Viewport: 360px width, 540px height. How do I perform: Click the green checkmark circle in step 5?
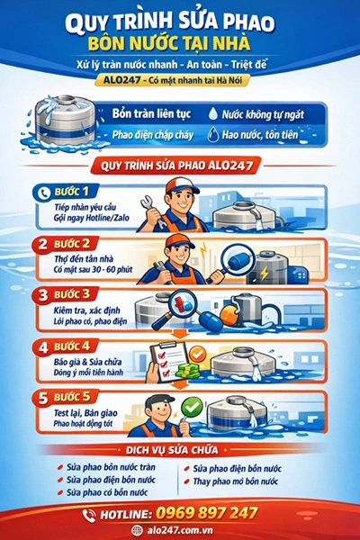(192, 409)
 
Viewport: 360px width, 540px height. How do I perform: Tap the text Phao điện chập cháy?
(149, 135)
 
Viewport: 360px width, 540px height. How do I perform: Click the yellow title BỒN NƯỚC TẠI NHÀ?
(180, 43)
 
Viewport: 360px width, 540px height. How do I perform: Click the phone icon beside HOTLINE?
(89, 514)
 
